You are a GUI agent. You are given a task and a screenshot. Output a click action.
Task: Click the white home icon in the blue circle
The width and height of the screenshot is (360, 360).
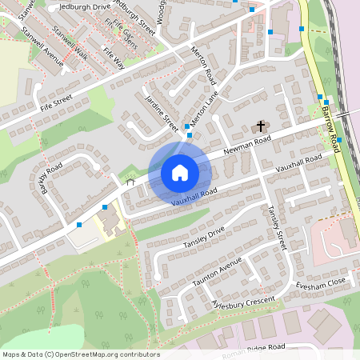tap(180, 173)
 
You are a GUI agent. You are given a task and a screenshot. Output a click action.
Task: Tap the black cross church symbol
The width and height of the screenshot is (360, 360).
tap(259, 127)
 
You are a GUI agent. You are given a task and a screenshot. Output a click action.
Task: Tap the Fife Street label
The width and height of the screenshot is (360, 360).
tap(55, 102)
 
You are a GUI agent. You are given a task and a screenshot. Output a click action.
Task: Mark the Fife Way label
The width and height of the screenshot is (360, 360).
tap(113, 56)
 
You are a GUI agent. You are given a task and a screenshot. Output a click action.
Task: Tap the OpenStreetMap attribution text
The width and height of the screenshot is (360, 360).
tap(81, 354)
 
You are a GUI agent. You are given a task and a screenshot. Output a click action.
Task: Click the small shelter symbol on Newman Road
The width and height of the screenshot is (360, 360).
tap(130, 182)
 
